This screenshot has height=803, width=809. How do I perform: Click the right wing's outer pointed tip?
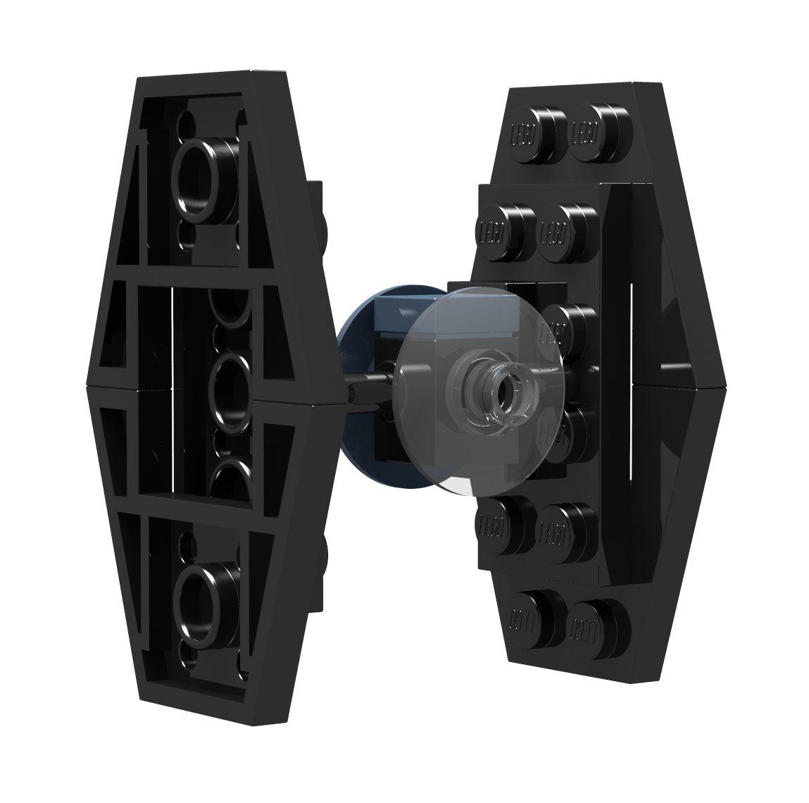[723, 383]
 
